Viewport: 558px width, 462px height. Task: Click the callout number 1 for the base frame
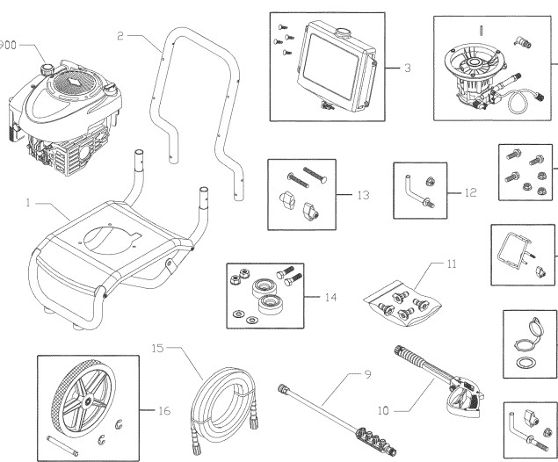coord(29,203)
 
